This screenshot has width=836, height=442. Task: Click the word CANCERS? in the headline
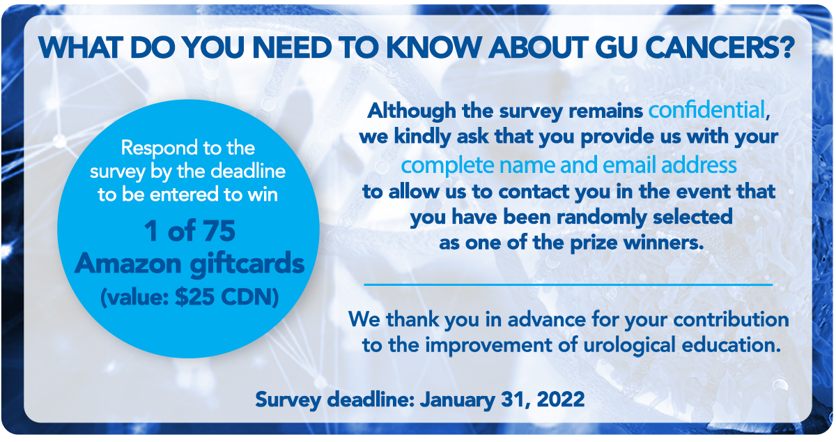pos(719,48)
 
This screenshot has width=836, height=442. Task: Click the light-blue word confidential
pos(707,110)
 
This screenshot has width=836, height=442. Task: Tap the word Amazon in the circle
pos(128,264)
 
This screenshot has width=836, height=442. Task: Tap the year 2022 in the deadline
pos(561,399)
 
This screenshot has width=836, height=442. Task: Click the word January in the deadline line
pos(458,400)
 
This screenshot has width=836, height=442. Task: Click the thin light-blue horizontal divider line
pos(568,284)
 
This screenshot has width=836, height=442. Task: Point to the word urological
pos(629,345)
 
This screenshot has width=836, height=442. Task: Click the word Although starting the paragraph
pos(412,112)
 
